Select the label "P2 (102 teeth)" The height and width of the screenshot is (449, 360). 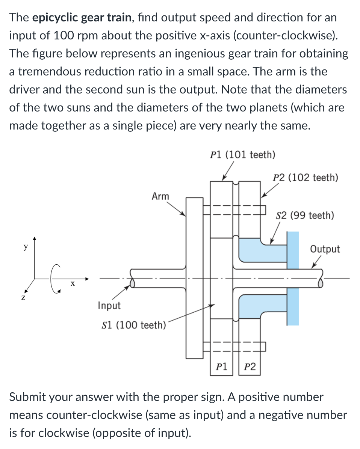(x=305, y=177)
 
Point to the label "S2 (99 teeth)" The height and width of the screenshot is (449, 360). (x=305, y=215)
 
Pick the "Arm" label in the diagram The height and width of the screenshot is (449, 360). (x=160, y=196)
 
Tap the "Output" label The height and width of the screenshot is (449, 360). (x=325, y=249)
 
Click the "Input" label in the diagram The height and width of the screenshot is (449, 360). (x=109, y=306)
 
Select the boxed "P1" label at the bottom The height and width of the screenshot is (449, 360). (x=222, y=366)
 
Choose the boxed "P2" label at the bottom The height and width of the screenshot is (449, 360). (x=250, y=366)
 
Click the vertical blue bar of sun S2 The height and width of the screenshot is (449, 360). (x=293, y=278)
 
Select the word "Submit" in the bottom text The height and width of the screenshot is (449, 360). (x=29, y=397)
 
